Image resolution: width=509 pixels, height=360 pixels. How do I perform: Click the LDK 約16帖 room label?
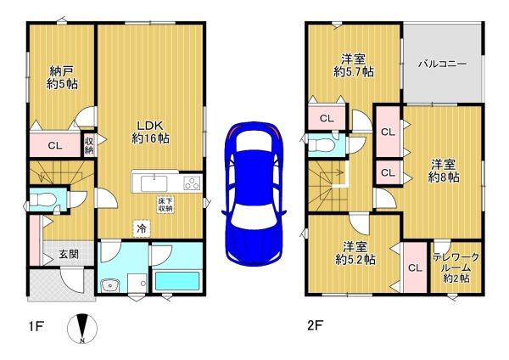[x=150, y=132]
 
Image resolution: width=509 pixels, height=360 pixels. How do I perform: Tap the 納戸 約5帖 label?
[x=62, y=77]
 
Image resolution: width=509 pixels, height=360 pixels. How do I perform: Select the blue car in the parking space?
[x=254, y=194]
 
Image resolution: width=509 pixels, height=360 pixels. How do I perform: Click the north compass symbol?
[x=82, y=329]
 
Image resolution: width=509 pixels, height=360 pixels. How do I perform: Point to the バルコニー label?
[x=442, y=64]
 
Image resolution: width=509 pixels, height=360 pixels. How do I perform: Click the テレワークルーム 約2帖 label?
[x=456, y=267]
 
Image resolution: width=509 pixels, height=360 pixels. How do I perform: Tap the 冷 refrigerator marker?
[x=141, y=228]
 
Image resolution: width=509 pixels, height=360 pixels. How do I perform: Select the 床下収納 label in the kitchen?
[x=165, y=205]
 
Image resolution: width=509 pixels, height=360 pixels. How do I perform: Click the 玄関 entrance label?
[x=69, y=253]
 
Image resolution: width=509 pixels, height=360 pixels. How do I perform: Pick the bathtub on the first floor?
[x=177, y=281]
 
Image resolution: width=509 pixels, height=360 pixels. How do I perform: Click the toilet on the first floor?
[x=43, y=200]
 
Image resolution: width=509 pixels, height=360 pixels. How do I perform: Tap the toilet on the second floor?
[x=321, y=145]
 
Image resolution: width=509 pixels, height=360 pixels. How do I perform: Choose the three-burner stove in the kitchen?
[x=193, y=183]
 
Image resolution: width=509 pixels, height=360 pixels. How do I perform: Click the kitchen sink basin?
[x=154, y=183]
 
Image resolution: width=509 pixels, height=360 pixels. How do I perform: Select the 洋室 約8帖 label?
[x=443, y=171]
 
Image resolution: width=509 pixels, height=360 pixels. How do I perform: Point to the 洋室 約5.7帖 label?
[x=354, y=65]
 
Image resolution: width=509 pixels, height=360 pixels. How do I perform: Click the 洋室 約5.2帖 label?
[x=355, y=254]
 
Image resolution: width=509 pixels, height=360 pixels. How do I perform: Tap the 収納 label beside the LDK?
[x=89, y=145]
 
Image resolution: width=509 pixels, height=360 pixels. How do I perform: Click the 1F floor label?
[x=36, y=326]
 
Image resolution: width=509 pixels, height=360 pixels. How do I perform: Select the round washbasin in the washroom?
[x=110, y=286]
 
